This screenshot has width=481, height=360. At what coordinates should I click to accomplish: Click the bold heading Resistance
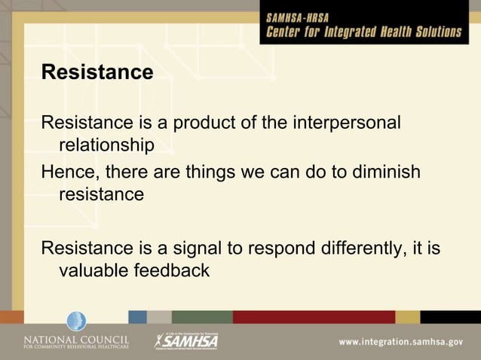[x=97, y=73]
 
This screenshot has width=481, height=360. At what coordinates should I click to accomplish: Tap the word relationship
[x=106, y=144]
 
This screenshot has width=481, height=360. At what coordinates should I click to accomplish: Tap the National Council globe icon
[x=76, y=322]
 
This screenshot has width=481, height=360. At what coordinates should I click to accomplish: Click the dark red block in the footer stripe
[x=313, y=317]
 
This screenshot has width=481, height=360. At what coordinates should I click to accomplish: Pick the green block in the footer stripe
[x=202, y=317]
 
